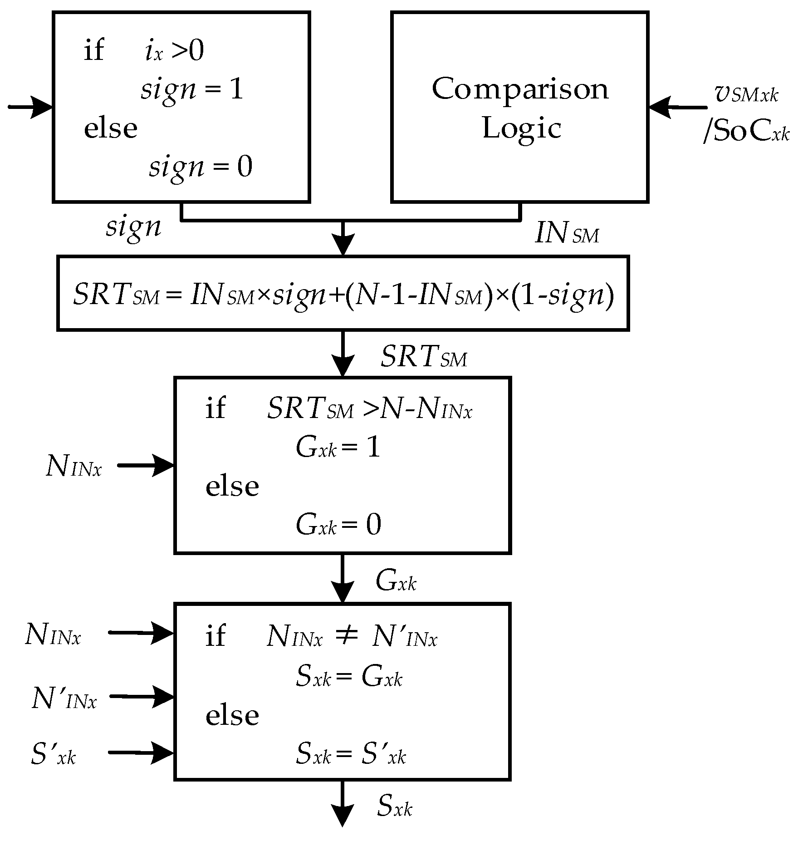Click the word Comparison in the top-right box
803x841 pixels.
(x=520, y=90)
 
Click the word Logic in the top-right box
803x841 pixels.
(x=522, y=128)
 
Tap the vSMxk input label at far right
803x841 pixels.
(x=746, y=93)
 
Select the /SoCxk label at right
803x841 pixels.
(x=746, y=133)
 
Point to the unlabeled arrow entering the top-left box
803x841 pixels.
(x=31, y=108)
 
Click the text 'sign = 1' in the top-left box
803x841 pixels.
(x=192, y=90)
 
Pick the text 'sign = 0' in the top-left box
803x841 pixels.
(x=201, y=167)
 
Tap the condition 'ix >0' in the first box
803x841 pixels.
(x=174, y=51)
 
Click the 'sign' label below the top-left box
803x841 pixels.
(x=133, y=226)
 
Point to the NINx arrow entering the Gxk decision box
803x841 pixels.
(x=145, y=465)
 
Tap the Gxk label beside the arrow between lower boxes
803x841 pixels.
(x=396, y=581)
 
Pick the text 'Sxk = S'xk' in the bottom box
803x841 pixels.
(x=350, y=754)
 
